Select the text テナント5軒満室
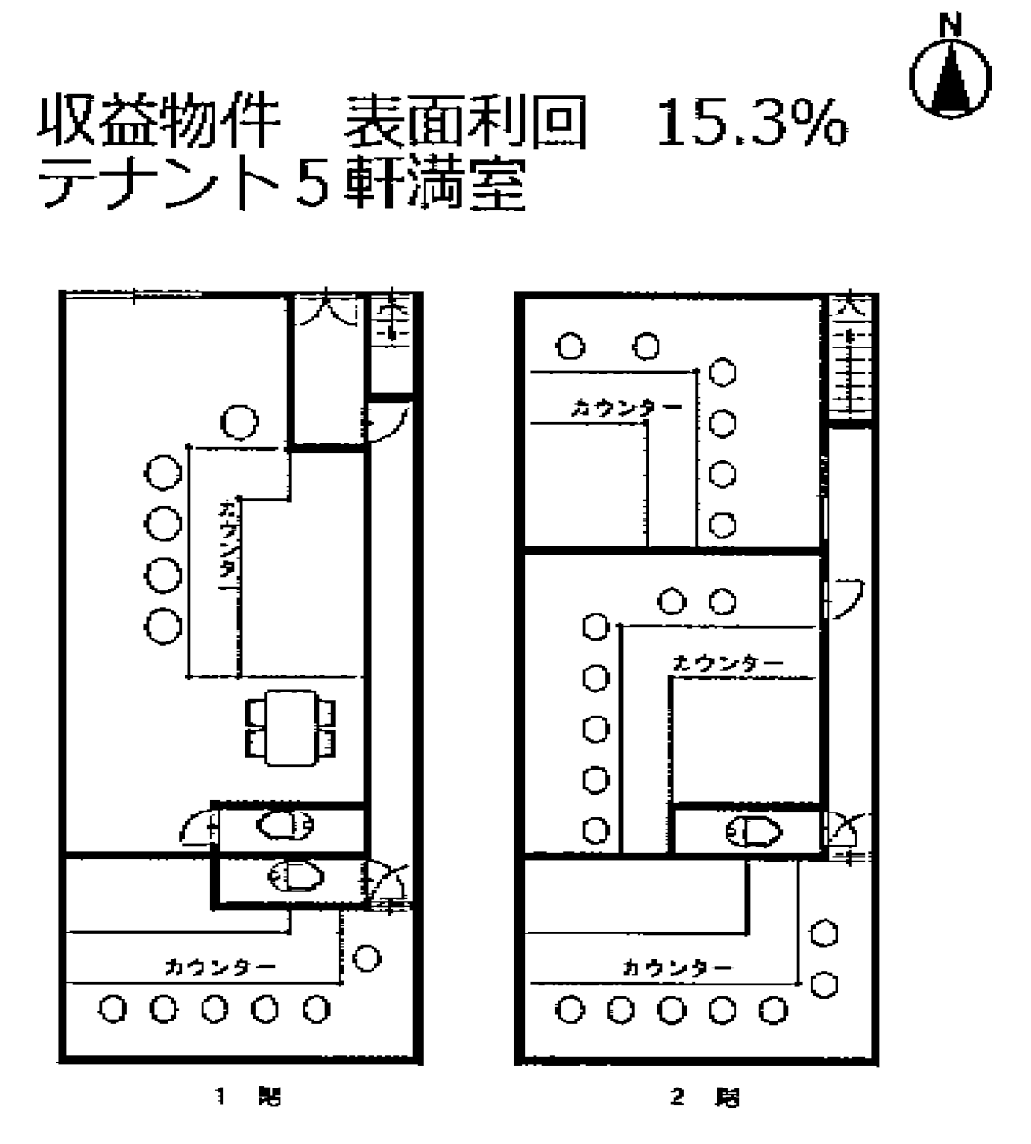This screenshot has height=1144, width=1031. (280, 185)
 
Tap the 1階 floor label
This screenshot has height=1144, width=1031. (247, 1096)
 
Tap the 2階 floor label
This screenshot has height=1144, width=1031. (708, 1096)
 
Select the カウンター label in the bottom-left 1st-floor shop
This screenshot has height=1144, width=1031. (219, 967)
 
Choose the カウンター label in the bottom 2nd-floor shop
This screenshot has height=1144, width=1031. (677, 968)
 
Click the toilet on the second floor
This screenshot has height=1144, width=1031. (753, 833)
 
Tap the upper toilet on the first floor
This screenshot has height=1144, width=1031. (284, 825)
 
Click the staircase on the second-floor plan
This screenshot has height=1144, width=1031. (848, 358)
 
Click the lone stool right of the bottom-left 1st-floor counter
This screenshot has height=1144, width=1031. (365, 959)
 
